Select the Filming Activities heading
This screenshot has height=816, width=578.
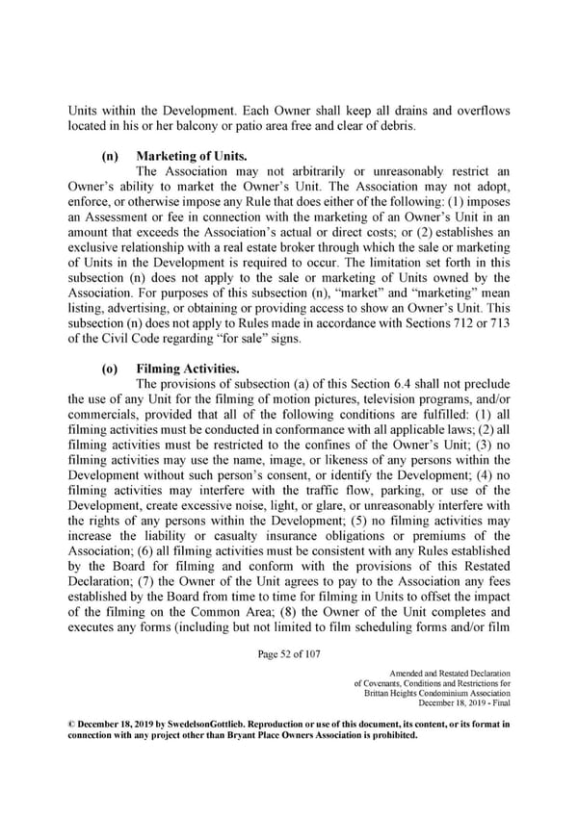(x=186, y=368)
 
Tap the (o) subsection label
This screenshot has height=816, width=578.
(x=110, y=368)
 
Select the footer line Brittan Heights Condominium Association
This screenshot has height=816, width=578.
(x=438, y=695)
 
